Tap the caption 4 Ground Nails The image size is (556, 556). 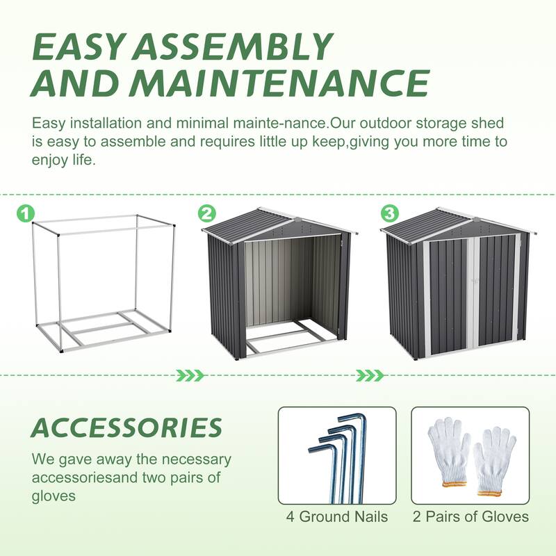click(x=337, y=516)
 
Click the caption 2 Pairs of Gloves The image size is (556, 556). click(x=471, y=516)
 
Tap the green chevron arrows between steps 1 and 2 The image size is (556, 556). click(x=189, y=376)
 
